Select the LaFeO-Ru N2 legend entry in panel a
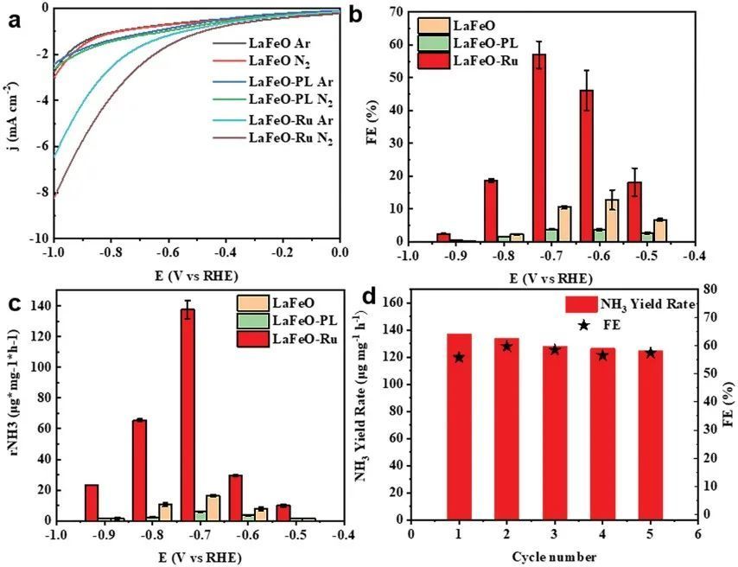(289, 137)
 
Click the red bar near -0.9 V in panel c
(92, 502)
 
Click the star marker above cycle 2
(506, 347)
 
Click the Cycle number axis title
(554, 554)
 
